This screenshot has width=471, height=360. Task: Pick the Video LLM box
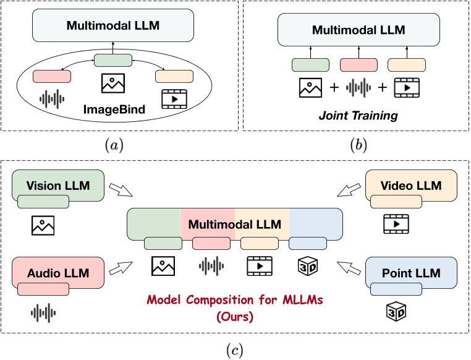tap(411, 186)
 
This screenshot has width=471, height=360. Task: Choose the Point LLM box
tap(411, 272)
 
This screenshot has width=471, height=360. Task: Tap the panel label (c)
tap(235, 349)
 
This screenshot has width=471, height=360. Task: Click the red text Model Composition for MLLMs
tap(235, 300)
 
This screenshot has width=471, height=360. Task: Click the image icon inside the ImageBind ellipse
tap(113, 83)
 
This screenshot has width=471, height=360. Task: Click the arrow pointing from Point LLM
tap(349, 268)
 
